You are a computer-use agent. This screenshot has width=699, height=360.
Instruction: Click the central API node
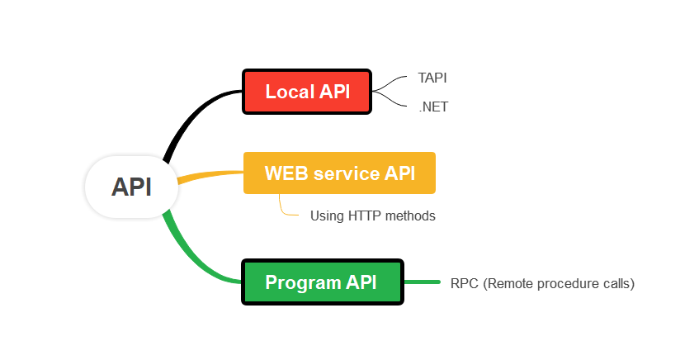(131, 187)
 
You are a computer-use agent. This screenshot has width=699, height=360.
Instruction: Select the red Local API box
(307, 92)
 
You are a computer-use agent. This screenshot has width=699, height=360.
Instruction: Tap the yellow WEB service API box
(339, 173)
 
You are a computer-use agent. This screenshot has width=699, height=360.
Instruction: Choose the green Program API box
(322, 282)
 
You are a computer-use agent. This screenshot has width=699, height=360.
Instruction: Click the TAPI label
(432, 78)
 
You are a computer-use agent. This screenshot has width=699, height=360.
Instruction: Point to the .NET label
(433, 107)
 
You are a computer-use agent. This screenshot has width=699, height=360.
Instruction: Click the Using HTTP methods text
(372, 216)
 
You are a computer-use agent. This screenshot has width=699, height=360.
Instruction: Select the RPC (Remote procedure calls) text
(542, 283)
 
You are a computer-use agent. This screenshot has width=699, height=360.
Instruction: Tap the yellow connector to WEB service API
(210, 176)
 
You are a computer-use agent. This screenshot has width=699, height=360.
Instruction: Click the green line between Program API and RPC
(422, 282)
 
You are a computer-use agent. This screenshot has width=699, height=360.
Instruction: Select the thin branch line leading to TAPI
(391, 81)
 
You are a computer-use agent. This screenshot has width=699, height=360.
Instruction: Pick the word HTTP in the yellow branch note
(363, 216)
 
